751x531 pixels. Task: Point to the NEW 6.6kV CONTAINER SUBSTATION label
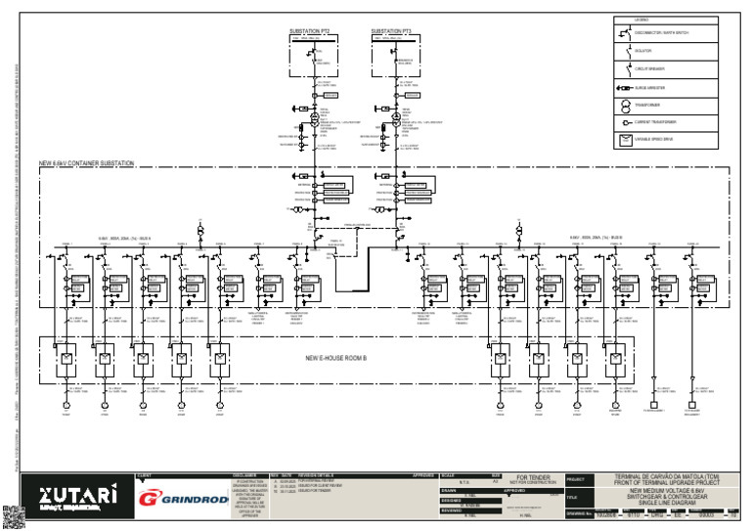86,163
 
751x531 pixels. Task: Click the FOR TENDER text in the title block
535,477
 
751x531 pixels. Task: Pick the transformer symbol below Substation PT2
315,117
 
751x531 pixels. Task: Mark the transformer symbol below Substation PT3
396,117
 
